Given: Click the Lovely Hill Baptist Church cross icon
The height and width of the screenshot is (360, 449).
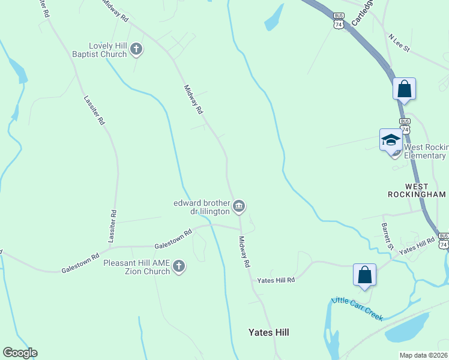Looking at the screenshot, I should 136,50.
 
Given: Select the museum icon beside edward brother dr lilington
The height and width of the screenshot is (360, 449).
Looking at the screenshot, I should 239,207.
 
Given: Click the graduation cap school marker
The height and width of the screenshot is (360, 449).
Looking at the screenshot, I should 391,140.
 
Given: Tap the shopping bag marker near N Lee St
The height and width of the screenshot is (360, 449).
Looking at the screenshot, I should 405,89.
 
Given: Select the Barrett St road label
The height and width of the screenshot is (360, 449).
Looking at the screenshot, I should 387,236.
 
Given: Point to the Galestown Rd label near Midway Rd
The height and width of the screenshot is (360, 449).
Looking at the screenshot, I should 173,238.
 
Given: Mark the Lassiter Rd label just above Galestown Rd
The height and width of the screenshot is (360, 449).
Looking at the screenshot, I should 112,226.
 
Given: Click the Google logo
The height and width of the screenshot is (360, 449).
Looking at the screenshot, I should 20,353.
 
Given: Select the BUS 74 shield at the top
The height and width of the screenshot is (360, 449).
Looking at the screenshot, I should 340,21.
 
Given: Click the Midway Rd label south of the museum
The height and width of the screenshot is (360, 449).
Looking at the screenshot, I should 244,251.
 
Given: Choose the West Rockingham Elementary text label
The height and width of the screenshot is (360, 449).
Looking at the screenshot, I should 426,151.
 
